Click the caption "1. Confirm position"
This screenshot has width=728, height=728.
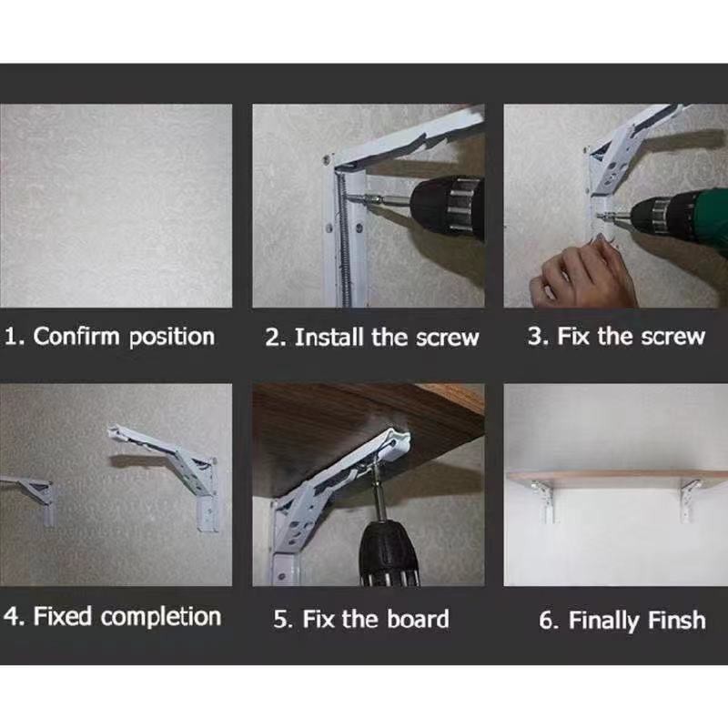point(110,337)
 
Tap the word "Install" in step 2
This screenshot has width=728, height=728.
point(329,337)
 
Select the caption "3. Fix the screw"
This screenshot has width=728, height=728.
point(616,336)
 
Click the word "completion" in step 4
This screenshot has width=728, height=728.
point(161,617)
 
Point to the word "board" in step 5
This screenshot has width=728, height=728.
point(418,619)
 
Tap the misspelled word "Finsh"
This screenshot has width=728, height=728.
point(676,620)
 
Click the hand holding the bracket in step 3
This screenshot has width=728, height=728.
point(581,274)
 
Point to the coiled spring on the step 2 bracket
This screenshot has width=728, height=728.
point(345,237)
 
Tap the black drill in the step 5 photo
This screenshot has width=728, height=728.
point(389,552)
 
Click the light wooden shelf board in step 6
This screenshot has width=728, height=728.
point(618,479)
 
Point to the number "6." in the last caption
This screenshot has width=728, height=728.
point(549,620)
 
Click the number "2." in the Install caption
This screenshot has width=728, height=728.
point(276,338)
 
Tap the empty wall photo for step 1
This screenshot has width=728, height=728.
point(116,206)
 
